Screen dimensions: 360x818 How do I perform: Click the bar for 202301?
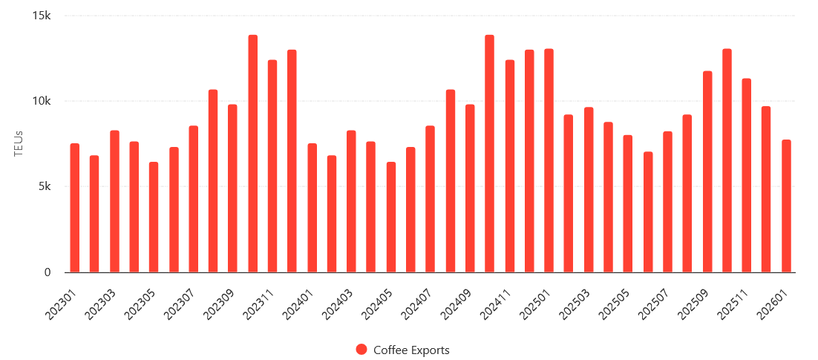pos(74,208)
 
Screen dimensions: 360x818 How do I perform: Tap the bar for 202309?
pos(232,189)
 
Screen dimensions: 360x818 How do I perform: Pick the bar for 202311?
pos(272,166)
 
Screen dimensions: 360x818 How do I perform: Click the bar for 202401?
pos(312,208)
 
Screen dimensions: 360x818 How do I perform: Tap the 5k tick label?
pos(45,187)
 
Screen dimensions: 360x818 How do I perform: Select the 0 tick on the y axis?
pos(48,272)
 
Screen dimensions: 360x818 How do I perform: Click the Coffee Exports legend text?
pos(411,350)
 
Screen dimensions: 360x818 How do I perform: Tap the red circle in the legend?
pos(361,350)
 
